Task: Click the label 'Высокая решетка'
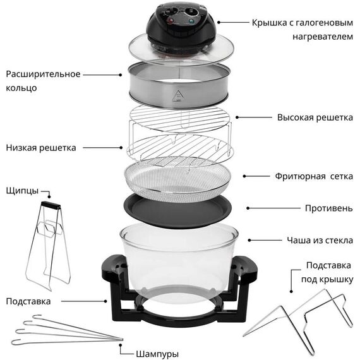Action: [315, 117]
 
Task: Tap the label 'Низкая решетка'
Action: [41, 148]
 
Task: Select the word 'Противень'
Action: [329, 208]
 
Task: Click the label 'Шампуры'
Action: [157, 354]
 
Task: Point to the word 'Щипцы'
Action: [22, 191]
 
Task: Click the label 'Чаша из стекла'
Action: [320, 241]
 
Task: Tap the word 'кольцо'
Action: [21, 88]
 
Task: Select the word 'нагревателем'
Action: [323, 37]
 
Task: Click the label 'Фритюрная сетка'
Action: [314, 177]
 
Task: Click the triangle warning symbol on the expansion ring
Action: [177, 96]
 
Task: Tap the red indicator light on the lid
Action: [171, 21]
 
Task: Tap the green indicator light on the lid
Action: [191, 21]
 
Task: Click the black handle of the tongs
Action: [51, 205]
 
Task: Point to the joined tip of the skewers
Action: [122, 339]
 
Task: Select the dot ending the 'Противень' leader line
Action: [248, 208]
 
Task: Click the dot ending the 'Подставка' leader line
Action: [105, 301]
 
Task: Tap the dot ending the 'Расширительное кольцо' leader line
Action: [120, 75]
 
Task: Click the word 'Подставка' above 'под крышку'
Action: [328, 266]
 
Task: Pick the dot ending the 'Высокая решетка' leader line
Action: [237, 117]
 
